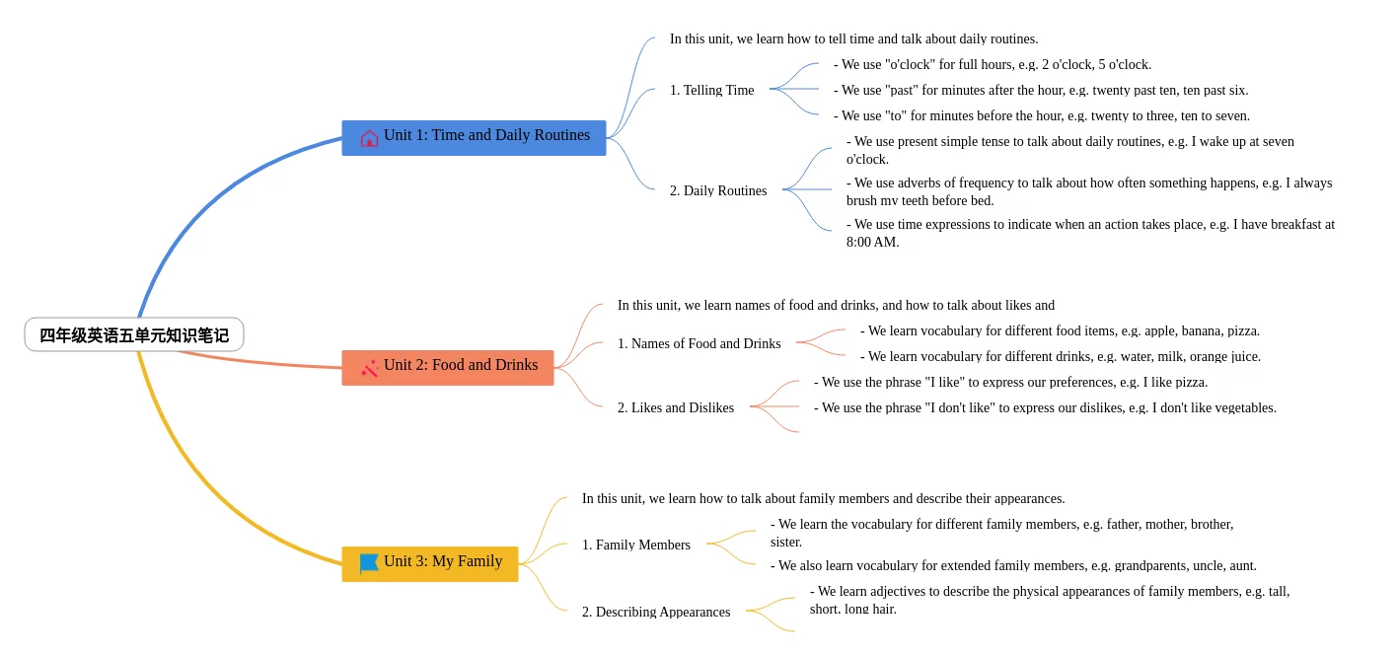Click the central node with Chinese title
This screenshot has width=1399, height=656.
tap(134, 334)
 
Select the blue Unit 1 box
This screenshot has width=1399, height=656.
tap(474, 137)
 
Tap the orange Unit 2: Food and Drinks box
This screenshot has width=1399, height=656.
tap(448, 367)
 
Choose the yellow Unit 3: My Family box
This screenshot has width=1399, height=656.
tap(430, 563)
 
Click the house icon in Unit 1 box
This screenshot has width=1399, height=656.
tap(369, 138)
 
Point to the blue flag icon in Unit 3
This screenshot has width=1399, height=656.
tap(369, 563)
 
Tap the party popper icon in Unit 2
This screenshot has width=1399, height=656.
tap(369, 369)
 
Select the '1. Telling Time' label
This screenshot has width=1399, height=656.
tap(712, 90)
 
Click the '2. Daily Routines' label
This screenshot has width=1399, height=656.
tap(718, 190)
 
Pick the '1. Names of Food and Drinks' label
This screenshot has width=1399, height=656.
tap(699, 343)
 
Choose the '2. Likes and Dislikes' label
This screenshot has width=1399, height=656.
tap(676, 408)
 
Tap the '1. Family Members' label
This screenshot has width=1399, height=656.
tap(635, 545)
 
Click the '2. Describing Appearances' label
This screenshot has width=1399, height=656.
tap(656, 612)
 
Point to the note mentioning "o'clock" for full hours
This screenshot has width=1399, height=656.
tap(993, 64)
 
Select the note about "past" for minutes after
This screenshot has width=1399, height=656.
tap(1041, 90)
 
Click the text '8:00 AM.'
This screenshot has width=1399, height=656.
tap(872, 243)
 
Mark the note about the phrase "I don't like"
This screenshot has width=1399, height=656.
tap(1045, 408)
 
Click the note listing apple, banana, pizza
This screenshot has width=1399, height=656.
tap(1060, 331)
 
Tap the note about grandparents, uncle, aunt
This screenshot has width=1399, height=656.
tap(1013, 566)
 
